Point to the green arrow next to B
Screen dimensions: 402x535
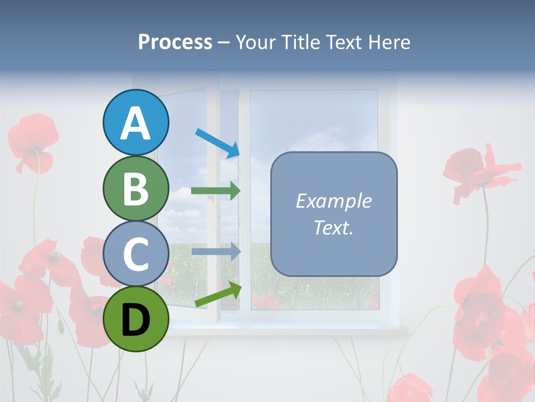point(215,191)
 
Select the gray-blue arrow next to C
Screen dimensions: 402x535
point(215,251)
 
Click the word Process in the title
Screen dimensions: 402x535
point(175,42)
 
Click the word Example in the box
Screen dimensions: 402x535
point(333,201)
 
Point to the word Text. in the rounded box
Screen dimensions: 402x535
point(333,227)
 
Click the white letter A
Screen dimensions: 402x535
point(136,123)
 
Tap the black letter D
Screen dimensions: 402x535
point(136,319)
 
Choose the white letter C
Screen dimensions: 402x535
point(136,254)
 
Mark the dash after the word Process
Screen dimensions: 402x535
point(224,42)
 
